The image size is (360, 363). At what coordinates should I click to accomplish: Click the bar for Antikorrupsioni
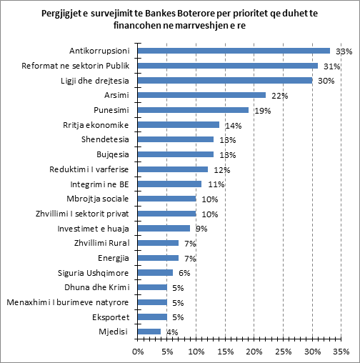coord(233,51)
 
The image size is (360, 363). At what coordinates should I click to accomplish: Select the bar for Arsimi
coord(201,95)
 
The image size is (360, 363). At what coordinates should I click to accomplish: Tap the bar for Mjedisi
coord(148,332)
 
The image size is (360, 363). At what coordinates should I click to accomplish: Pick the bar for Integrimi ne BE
coord(169,184)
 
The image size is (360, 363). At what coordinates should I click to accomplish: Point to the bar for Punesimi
coord(192,110)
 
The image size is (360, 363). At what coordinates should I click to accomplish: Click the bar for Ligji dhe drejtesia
coord(224,80)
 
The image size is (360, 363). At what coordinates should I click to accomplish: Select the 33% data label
coord(344,51)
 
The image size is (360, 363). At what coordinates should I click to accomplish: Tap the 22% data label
coord(279,96)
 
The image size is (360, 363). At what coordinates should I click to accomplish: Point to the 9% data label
coord(201,229)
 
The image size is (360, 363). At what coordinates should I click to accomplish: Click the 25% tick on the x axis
coord(283,351)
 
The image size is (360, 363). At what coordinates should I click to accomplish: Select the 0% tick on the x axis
coord(136,351)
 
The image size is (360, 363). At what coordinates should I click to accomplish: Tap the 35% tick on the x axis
coord(341,351)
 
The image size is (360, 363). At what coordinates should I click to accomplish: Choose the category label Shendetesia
coord(106,139)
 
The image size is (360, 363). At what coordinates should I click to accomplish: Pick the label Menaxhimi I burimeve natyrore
coord(66,302)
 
